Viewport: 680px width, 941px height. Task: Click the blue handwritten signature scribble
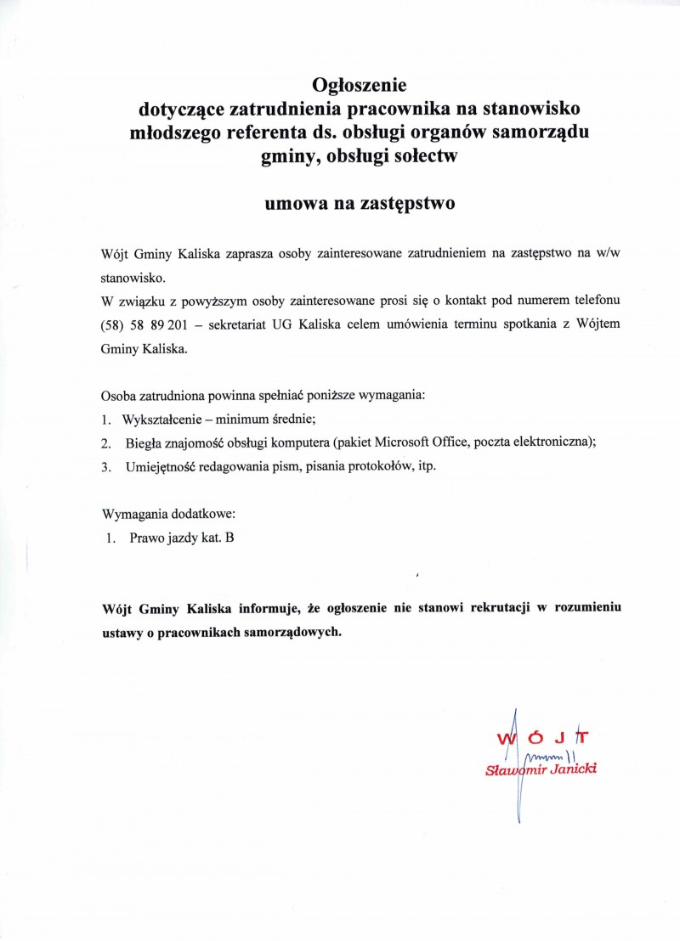(x=548, y=753)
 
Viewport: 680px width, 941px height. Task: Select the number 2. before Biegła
(x=106, y=443)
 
